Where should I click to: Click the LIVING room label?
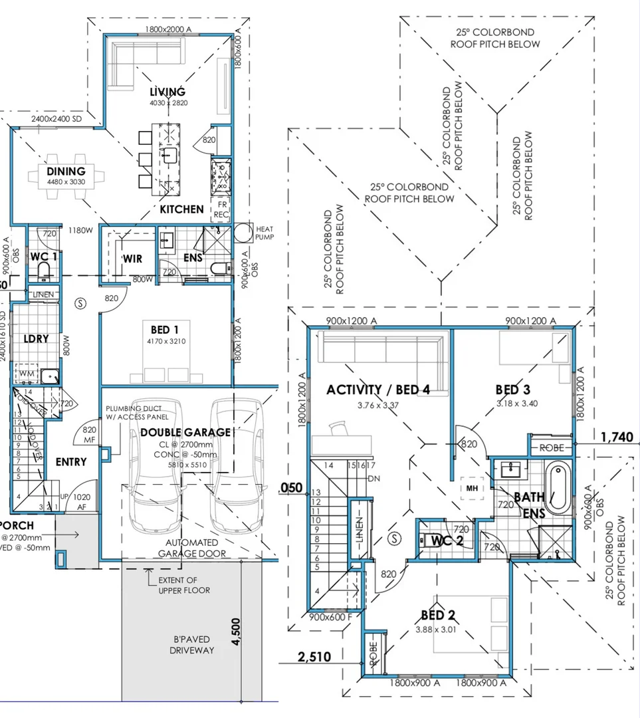tap(167, 92)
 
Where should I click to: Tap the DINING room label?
tap(66, 172)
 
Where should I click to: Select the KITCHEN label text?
tap(181, 209)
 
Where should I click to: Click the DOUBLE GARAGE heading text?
tap(185, 432)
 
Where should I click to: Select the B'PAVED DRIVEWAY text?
tap(194, 645)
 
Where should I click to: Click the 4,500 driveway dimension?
tap(236, 632)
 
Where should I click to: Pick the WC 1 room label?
tap(44, 257)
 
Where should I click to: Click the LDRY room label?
tap(36, 338)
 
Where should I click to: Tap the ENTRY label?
tap(70, 461)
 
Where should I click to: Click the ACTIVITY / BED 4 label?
tap(377, 390)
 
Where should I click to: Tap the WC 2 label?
tap(447, 539)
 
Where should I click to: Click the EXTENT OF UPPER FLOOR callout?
tap(183, 585)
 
